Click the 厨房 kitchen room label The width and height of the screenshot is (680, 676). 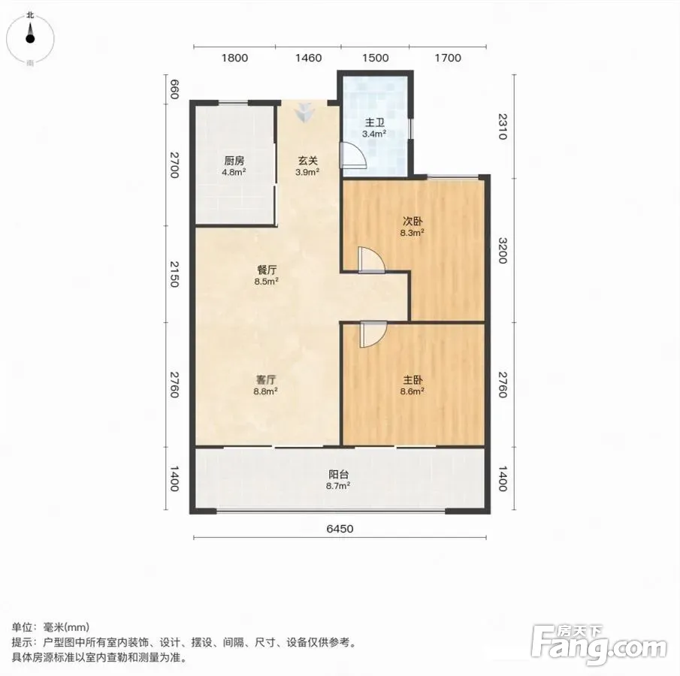click(x=234, y=161)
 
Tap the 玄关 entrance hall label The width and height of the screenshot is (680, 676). click(x=308, y=161)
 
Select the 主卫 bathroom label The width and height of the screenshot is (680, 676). click(x=375, y=122)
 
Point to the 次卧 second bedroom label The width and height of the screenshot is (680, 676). click(x=413, y=222)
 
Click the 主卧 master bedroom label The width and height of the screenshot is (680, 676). click(x=413, y=380)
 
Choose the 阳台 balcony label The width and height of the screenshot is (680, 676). click(x=338, y=475)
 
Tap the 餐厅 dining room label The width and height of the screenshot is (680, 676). click(x=267, y=270)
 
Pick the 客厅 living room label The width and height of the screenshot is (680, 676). click(x=266, y=380)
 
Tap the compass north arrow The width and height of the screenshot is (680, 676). click(x=30, y=33)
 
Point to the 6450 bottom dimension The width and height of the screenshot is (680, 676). click(x=340, y=529)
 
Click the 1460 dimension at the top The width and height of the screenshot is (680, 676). click(x=308, y=58)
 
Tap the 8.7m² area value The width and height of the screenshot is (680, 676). click(x=338, y=486)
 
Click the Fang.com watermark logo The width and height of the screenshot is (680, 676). click(x=598, y=645)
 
